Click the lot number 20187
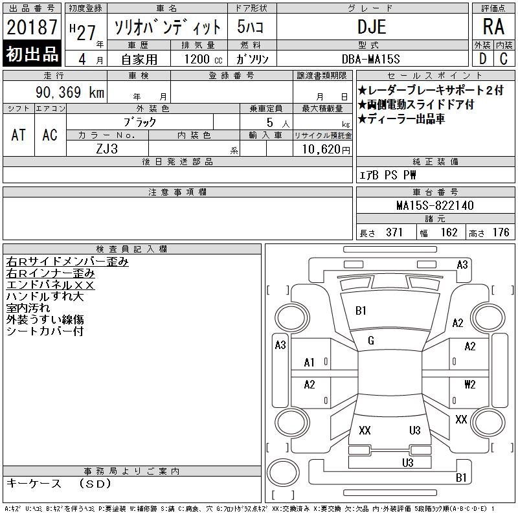[32, 27]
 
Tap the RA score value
[493, 27]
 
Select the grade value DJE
[372, 27]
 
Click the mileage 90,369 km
[70, 92]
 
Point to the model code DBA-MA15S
[370, 59]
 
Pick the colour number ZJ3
[107, 149]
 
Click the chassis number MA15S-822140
[435, 205]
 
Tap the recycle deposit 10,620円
[326, 149]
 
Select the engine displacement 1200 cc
[203, 59]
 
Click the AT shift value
[19, 135]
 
